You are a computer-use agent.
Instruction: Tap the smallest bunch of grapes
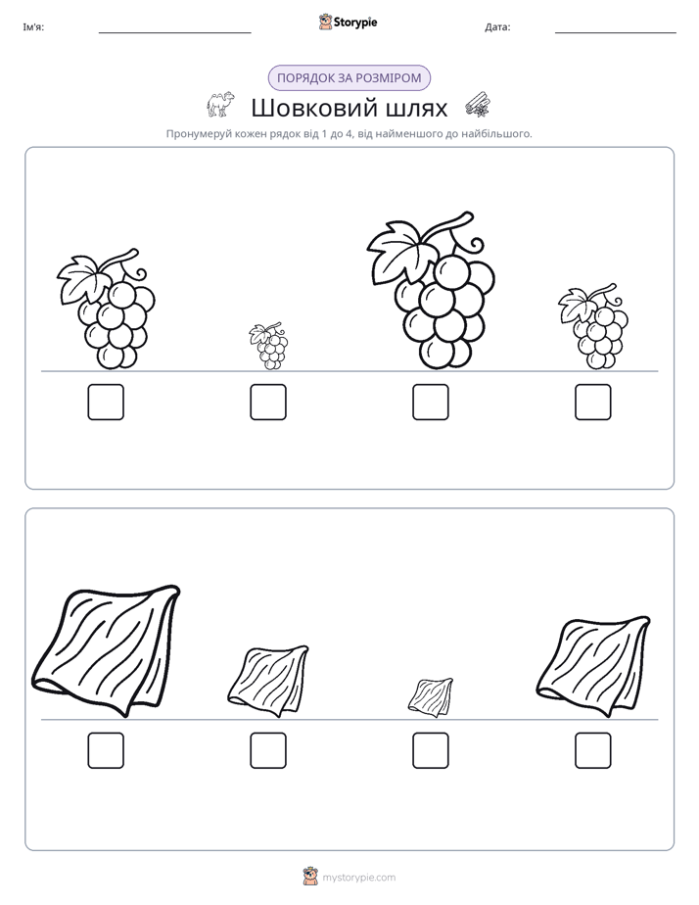[269, 347]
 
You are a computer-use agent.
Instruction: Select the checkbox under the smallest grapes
[268, 402]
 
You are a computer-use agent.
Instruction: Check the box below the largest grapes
[430, 402]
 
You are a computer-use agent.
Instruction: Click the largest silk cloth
[107, 651]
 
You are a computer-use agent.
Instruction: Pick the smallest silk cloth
[431, 697]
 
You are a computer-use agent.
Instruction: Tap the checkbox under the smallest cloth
[430, 750]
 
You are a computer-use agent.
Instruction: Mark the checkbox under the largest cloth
[106, 750]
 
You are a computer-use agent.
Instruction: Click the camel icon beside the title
[221, 105]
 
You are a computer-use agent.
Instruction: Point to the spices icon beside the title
[478, 105]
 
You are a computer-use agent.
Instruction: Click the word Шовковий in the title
[315, 108]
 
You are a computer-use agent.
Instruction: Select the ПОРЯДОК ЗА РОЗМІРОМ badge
[349, 78]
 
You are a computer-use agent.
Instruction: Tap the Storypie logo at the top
[349, 22]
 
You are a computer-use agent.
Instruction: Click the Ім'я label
[33, 27]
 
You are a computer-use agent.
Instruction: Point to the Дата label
[497, 27]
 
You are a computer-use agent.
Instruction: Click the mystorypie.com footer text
[358, 878]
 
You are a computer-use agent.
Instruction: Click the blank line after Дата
[616, 33]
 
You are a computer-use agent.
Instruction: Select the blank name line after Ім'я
[174, 33]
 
